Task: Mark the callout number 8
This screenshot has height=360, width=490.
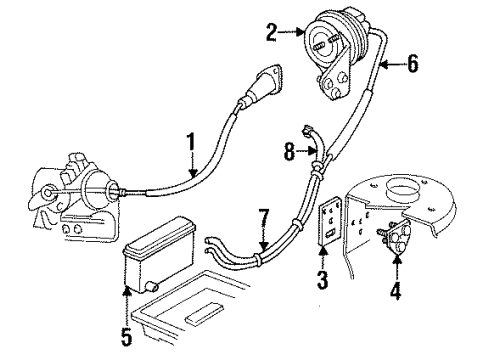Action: [x=290, y=153]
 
